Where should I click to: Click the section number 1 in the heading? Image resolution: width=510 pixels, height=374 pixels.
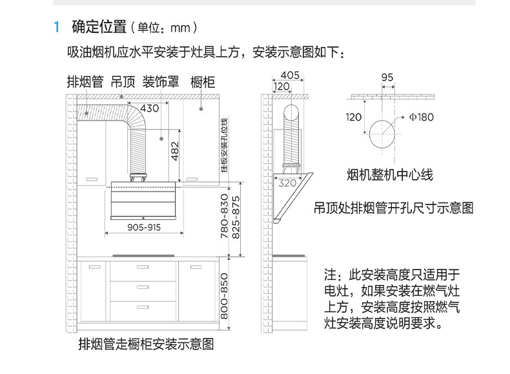tap(57, 28)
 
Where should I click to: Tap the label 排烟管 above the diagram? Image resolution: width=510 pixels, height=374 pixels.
tap(85, 82)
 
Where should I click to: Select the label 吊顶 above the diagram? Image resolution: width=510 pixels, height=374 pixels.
tap(123, 82)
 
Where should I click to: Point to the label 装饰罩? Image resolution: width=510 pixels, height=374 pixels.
tap(161, 82)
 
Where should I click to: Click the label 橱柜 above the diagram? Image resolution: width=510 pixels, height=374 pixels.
tap(202, 82)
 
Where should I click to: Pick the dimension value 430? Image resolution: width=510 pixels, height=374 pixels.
tap(149, 108)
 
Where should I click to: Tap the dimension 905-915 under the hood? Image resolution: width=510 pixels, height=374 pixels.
tap(144, 228)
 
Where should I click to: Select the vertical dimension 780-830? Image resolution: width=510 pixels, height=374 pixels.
tap(225, 217)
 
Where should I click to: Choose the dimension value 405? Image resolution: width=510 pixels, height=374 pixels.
tap(290, 75)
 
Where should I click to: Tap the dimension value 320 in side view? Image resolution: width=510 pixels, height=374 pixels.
tap(287, 183)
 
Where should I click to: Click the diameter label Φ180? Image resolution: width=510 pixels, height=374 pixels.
tap(421, 117)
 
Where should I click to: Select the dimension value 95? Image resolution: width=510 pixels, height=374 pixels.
tap(387, 77)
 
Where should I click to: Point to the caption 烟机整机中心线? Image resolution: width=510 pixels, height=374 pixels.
tap(389, 175)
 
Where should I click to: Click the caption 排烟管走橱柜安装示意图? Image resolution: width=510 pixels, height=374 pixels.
tap(145, 344)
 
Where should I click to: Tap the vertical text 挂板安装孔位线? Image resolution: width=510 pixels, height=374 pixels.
tap(224, 146)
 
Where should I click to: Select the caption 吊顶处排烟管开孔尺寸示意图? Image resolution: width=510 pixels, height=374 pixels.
tap(393, 208)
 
